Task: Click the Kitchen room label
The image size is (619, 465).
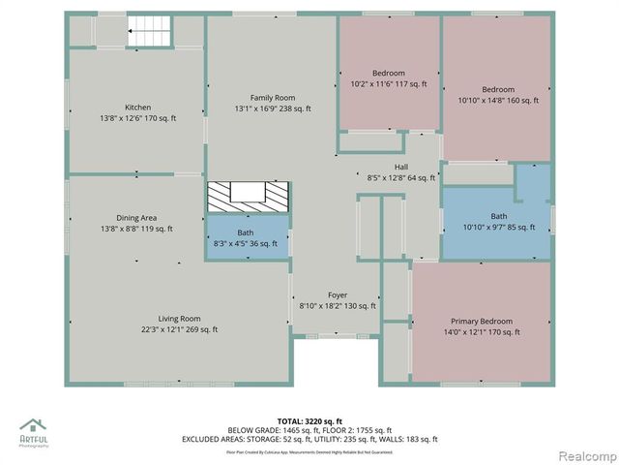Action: click(x=137, y=108)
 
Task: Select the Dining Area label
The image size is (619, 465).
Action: click(x=135, y=218)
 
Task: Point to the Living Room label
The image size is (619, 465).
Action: click(x=179, y=319)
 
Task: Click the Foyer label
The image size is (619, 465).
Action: click(x=337, y=295)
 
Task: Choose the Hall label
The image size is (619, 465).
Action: click(x=400, y=167)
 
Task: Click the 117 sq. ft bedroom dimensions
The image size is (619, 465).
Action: click(x=388, y=84)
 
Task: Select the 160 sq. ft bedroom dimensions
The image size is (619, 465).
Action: click(x=498, y=99)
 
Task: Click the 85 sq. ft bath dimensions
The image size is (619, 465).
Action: click(x=498, y=228)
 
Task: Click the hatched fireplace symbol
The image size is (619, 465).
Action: click(x=249, y=196)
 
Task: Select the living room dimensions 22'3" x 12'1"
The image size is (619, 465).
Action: click(x=179, y=329)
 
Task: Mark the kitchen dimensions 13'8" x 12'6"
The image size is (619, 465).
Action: click(x=137, y=118)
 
